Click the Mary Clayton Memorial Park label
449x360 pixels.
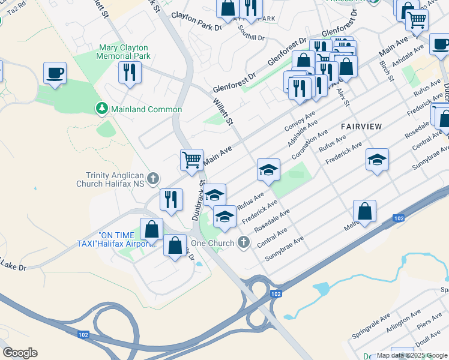point(123,52)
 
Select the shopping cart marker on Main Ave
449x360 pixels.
point(191,160)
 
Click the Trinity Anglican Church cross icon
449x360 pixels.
point(153,178)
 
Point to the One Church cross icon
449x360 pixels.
point(243,242)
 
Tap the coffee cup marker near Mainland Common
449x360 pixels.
point(55,73)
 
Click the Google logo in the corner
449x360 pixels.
point(20,353)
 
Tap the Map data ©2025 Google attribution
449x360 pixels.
point(412,355)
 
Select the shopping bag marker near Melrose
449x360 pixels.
point(364,211)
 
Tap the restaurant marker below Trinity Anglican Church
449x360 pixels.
point(171,199)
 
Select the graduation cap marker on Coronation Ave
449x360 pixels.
point(268,170)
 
